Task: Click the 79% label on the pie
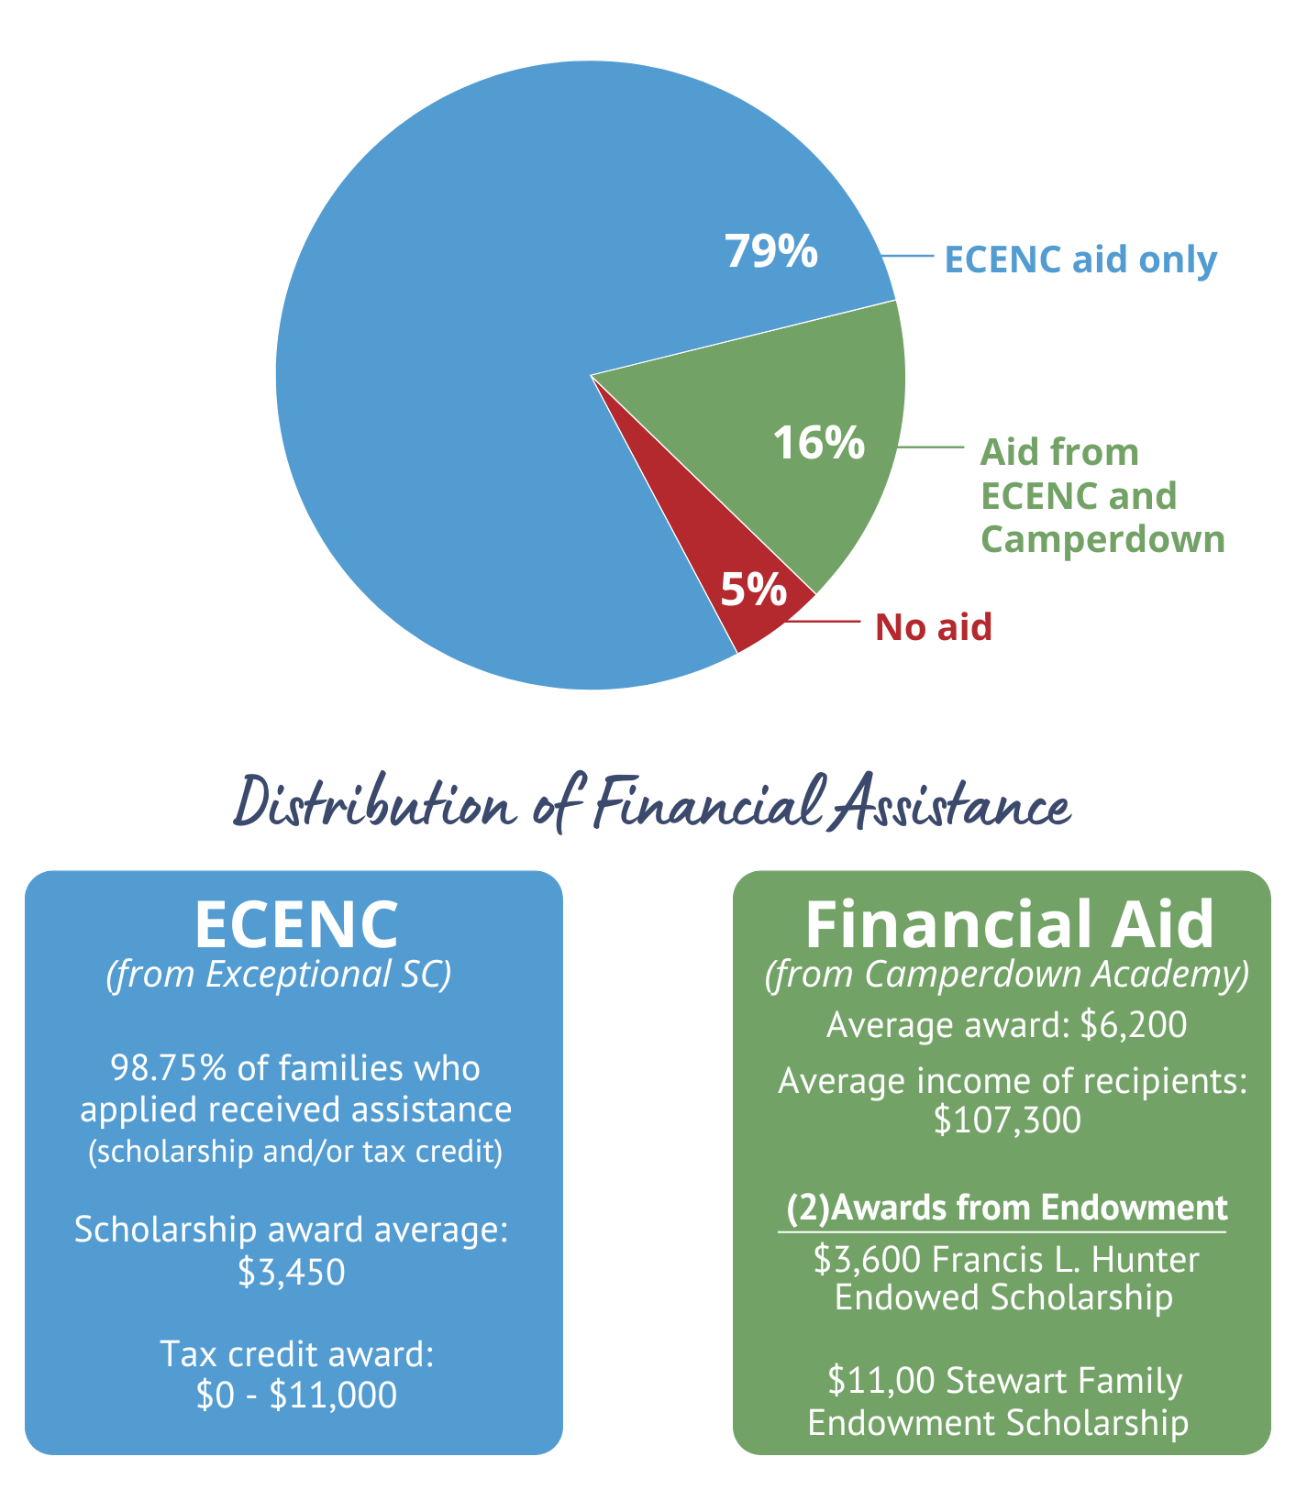coord(770,250)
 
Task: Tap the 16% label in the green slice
coord(818,443)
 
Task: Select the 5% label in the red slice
coord(753,590)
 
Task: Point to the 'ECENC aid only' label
coord(1080,259)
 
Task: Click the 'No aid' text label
coord(933,627)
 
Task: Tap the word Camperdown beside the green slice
coord(1102,539)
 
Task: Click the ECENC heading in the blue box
coord(295,923)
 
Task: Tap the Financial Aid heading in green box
coord(1009,923)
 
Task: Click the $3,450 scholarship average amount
coord(292,1272)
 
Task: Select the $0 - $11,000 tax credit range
coord(296,1395)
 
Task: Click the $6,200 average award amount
coord(1134,1024)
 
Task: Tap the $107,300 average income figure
coord(1007,1120)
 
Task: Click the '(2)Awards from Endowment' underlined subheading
coord(1006,1208)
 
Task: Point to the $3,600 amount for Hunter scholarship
coord(867,1260)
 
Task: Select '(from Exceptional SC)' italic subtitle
coord(279,974)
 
